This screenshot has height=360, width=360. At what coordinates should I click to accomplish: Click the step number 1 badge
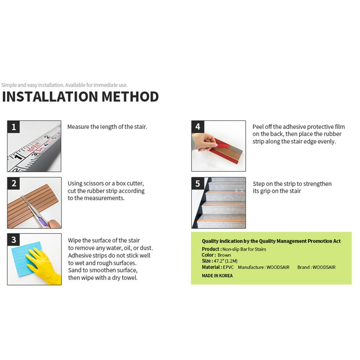pyautogui.click(x=14, y=127)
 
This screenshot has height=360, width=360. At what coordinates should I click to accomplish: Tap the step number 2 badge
pyautogui.click(x=14, y=184)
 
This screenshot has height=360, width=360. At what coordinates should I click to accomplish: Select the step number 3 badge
pyautogui.click(x=14, y=240)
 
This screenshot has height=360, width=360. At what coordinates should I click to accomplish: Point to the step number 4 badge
pyautogui.click(x=198, y=127)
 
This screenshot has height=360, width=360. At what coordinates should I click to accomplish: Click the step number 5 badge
pyautogui.click(x=198, y=184)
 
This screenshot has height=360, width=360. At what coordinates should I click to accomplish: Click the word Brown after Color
pyautogui.click(x=224, y=255)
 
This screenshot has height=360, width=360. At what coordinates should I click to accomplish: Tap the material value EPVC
pyautogui.click(x=228, y=267)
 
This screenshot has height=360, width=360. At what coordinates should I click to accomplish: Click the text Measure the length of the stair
pyautogui.click(x=107, y=127)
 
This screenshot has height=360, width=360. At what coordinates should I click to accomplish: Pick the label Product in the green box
pyautogui.click(x=211, y=249)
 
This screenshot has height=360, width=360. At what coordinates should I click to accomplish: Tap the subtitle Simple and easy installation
pyautogui.click(x=32, y=85)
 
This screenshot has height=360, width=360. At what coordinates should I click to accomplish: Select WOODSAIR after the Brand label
pyautogui.click(x=324, y=267)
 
